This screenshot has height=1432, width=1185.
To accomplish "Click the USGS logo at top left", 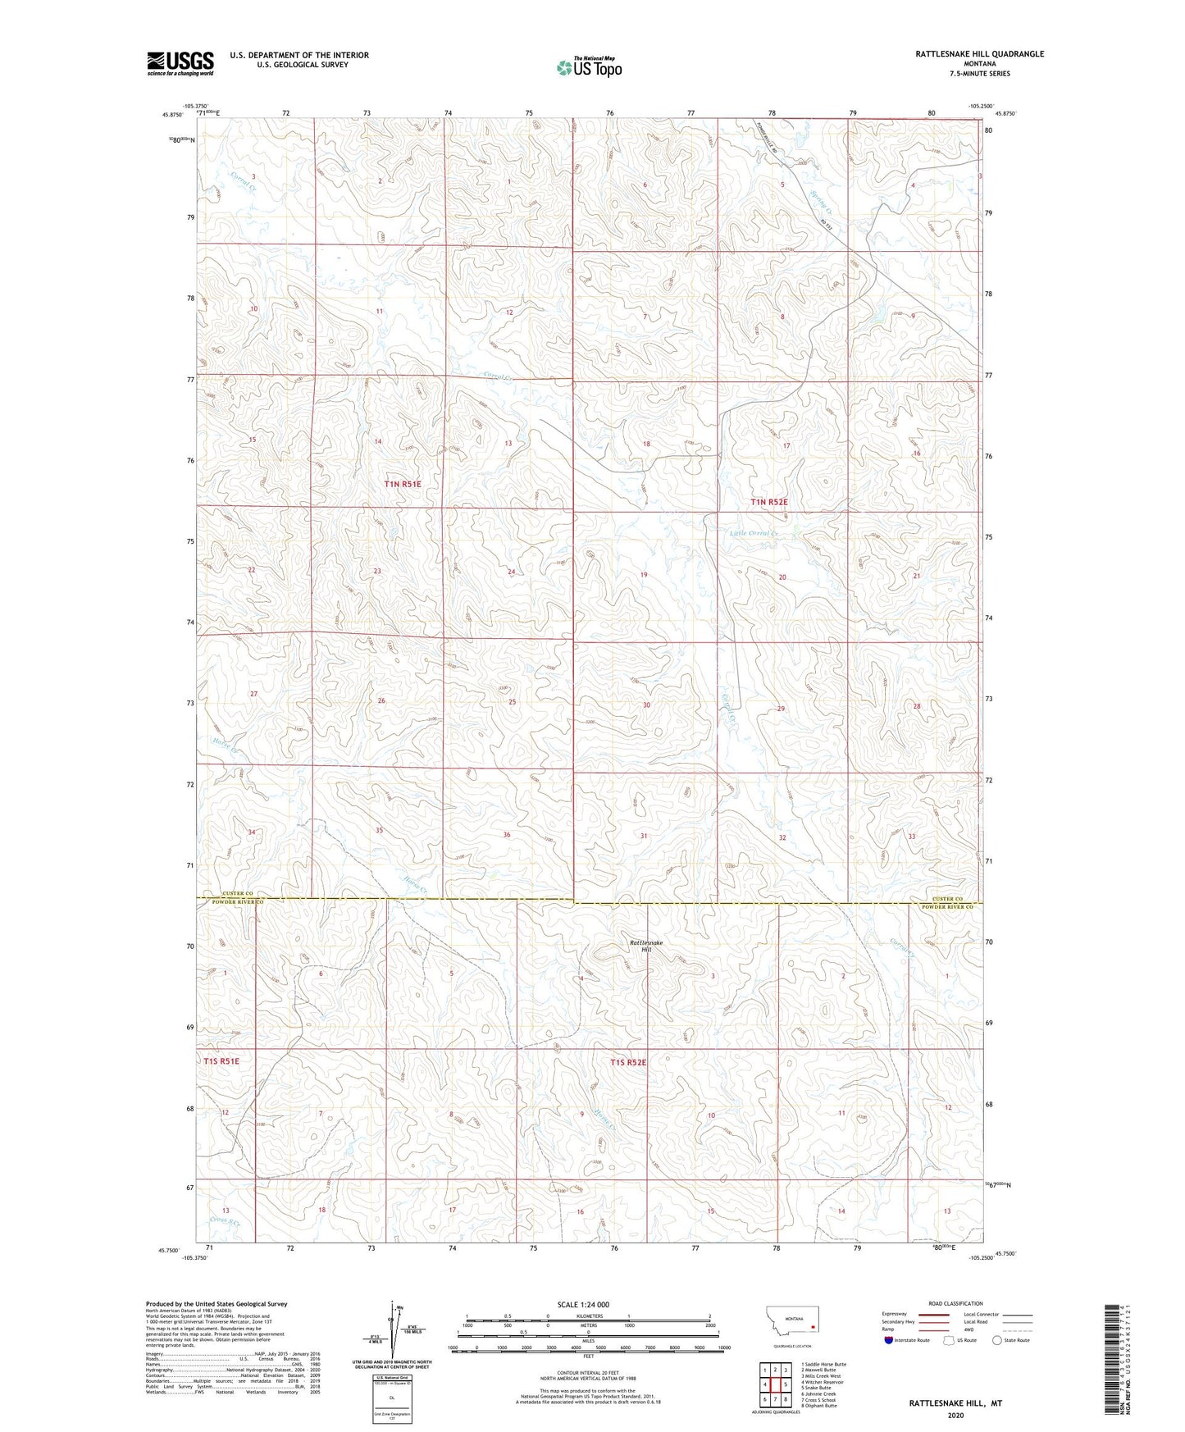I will click(x=180, y=62).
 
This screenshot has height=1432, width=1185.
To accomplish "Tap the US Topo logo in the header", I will click(x=588, y=68).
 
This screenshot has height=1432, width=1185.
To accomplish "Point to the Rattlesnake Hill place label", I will click(x=645, y=946).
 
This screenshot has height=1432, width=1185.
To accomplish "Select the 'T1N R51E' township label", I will click(x=402, y=484).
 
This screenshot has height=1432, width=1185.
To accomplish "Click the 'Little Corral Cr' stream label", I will click(x=753, y=534).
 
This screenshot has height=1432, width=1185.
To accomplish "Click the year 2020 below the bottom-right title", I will click(x=955, y=1415).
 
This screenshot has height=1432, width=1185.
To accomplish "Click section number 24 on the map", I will click(x=511, y=572).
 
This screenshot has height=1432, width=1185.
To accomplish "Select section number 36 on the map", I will click(x=507, y=835).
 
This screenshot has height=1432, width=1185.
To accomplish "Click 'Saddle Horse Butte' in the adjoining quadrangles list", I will click(x=824, y=1365).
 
